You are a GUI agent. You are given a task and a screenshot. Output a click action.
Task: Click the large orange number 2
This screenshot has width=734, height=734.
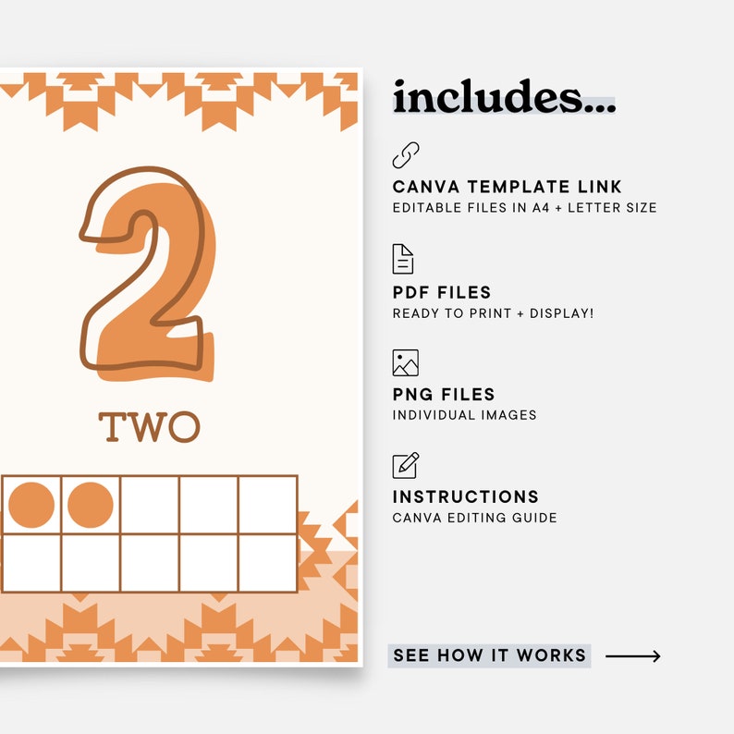pos(153,277)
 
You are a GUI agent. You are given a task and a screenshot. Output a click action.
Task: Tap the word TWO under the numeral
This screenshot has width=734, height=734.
pos(149,427)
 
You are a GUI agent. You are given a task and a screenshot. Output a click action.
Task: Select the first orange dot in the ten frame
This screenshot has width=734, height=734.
pos(31,505)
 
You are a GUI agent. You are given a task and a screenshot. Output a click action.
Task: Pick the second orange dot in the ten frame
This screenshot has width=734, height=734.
pos(91,505)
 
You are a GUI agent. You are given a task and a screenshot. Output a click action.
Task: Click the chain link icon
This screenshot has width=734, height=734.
pos(405,155)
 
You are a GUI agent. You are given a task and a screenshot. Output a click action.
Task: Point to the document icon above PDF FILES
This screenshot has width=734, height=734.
pos(403,260)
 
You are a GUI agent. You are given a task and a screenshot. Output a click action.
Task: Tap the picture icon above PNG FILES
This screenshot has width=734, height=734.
pos(405,362)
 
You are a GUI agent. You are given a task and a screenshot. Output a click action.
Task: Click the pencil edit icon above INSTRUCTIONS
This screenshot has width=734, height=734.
pos(405,465)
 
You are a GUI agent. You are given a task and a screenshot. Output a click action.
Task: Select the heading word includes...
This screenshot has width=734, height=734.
pos(504,97)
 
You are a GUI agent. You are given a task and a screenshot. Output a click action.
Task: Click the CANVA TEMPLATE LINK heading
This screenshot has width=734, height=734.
pos(508,188)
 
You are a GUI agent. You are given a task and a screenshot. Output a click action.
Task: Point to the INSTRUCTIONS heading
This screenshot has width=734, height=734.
pos(466,497)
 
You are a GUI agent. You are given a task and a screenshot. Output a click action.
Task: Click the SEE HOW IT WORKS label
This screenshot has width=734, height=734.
pos(489,655)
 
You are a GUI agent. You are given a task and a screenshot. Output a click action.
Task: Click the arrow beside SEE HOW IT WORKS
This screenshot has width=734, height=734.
pos(633,656)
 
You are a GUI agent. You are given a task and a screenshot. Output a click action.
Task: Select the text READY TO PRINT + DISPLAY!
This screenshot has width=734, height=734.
pos(493,313)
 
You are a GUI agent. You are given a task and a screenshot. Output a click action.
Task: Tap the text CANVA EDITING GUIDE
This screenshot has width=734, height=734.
pos(474,518)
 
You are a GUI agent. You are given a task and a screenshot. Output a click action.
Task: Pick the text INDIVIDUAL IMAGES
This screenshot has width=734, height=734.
pos(464,415)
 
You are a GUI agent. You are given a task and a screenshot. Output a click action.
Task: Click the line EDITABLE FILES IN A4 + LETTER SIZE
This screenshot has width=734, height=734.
pos(524,208)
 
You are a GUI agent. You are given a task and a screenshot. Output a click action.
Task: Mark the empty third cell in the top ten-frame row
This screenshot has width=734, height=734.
pos(150,505)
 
